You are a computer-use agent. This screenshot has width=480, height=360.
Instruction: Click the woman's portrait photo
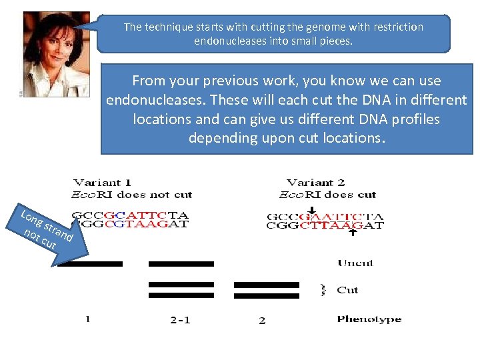[x=55, y=53]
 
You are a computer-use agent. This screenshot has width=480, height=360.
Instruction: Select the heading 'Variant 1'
[x=103, y=182]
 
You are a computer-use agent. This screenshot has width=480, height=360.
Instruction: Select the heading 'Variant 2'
[x=316, y=182]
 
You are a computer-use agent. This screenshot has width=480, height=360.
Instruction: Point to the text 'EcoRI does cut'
[x=327, y=195]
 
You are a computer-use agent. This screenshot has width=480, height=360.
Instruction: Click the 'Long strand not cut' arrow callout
[x=50, y=230]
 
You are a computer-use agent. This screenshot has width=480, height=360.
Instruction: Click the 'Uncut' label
[x=355, y=263]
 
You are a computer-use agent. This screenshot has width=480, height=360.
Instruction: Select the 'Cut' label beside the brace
[x=347, y=290]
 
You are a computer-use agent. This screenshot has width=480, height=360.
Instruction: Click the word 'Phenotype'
[x=369, y=319]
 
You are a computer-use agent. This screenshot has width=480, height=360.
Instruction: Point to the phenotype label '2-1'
[x=180, y=320]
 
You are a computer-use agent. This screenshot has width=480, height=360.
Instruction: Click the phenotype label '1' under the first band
[x=87, y=319]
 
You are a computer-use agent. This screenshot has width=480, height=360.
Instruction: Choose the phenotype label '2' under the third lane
[x=262, y=321]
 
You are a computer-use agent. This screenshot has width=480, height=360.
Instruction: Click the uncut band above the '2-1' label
[x=181, y=264]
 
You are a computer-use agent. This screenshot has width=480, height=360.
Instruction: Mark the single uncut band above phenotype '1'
[x=90, y=264]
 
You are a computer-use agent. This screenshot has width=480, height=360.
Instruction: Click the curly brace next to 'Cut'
[x=324, y=289]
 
